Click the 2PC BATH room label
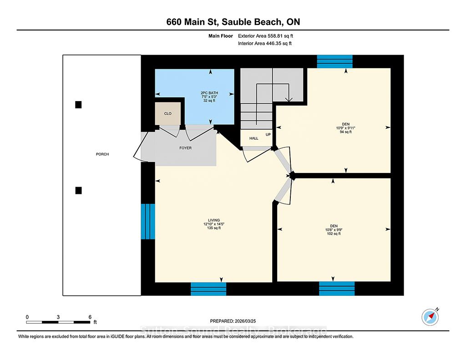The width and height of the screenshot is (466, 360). pyautogui.click(x=209, y=93)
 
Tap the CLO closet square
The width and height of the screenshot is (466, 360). pyautogui.click(x=167, y=114)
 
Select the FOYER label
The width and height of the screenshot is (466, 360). pyautogui.click(x=186, y=148)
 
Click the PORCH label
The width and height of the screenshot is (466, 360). pyautogui.click(x=102, y=154)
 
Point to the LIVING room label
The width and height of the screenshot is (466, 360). pyautogui.click(x=214, y=220)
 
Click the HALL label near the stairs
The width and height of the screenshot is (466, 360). pyautogui.click(x=254, y=138)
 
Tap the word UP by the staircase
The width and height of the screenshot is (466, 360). pyautogui.click(x=268, y=134)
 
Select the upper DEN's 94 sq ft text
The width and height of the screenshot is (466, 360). pyautogui.click(x=346, y=132)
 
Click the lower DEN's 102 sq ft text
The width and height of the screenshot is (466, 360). pyautogui.click(x=334, y=233)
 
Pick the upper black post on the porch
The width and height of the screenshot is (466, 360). pyautogui.click(x=78, y=105)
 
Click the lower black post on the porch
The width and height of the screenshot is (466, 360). pyautogui.click(x=78, y=191)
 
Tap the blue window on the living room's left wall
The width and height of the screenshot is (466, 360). pyautogui.click(x=148, y=222)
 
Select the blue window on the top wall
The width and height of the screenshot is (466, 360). pyautogui.click(x=334, y=61)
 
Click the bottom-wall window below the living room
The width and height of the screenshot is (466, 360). pyautogui.click(x=208, y=289)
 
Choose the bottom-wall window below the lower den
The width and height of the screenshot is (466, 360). pyautogui.click(x=337, y=289)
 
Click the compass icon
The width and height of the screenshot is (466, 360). pyautogui.click(x=430, y=317)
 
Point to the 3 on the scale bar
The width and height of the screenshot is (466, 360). pyautogui.click(x=58, y=317)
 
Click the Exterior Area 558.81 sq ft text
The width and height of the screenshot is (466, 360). pyautogui.click(x=265, y=36)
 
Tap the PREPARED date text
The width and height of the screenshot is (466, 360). pyautogui.click(x=233, y=321)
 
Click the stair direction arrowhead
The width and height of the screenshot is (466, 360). pyautogui.click(x=289, y=100)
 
